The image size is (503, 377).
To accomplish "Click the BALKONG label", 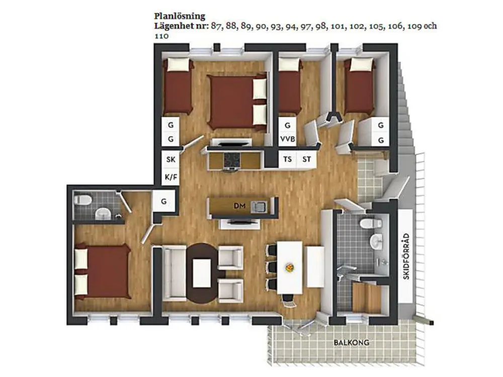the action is [x=352, y=342].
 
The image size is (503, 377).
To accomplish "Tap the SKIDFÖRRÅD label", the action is [x=406, y=256].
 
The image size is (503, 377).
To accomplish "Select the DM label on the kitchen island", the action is [x=239, y=206].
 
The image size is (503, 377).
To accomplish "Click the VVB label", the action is [x=287, y=139].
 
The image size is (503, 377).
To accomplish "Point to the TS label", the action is [x=287, y=159].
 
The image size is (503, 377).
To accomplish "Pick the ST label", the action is [x=307, y=159].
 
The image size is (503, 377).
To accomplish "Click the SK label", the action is [x=171, y=159].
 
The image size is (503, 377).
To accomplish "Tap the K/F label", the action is [x=171, y=177].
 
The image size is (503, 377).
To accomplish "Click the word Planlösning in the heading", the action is [x=180, y=16].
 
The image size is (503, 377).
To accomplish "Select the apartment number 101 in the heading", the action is [x=338, y=26].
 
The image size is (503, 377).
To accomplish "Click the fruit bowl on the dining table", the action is [x=290, y=267].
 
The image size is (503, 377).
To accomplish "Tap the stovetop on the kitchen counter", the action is [x=232, y=160].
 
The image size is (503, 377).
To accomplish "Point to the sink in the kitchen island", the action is [x=259, y=207].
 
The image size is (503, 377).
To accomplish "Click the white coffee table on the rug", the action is [x=202, y=273].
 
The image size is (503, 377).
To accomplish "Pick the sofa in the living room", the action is [x=175, y=272].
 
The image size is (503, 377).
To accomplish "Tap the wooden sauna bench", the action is [x=366, y=298].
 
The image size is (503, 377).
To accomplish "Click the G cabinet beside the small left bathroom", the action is [x=164, y=202].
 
